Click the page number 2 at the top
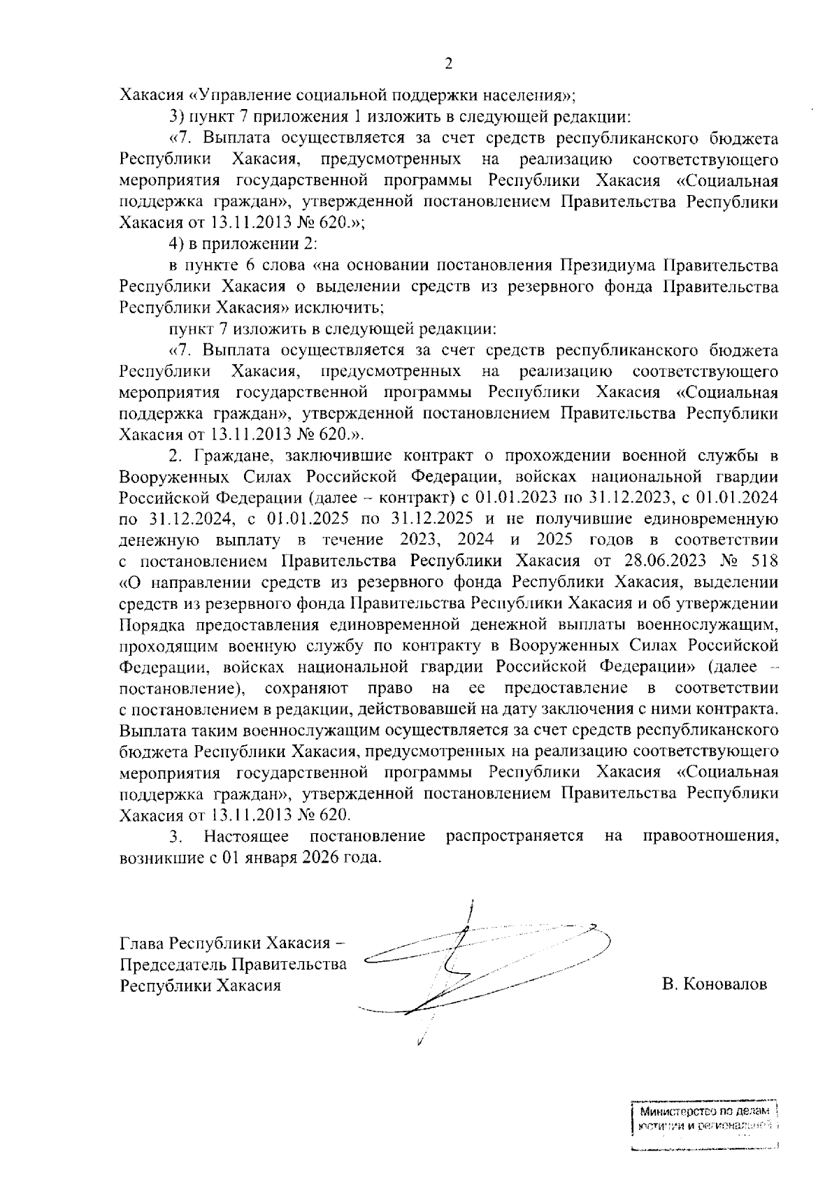point(448,64)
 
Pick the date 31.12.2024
point(186,519)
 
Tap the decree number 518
point(763,561)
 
